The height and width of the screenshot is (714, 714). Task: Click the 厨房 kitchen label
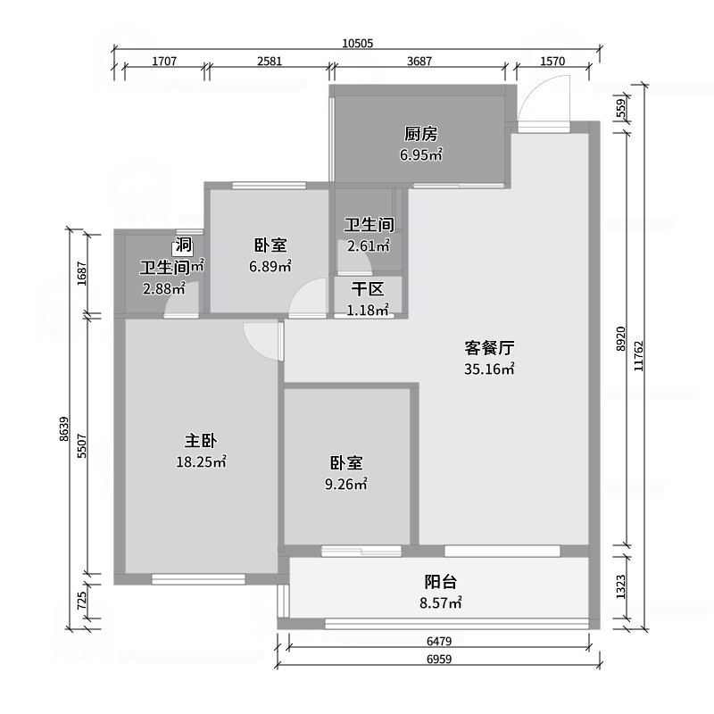click(420, 135)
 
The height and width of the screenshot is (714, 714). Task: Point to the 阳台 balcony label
click(441, 582)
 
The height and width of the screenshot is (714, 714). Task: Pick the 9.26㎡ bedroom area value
click(347, 485)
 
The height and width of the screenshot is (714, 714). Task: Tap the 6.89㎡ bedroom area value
click(270, 266)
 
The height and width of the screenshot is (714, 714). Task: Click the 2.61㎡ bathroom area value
click(369, 246)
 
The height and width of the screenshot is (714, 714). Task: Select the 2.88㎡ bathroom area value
click(163, 288)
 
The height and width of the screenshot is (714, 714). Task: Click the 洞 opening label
click(183, 245)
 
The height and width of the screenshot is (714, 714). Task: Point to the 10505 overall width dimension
click(357, 43)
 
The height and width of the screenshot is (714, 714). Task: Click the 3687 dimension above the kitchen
click(419, 62)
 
